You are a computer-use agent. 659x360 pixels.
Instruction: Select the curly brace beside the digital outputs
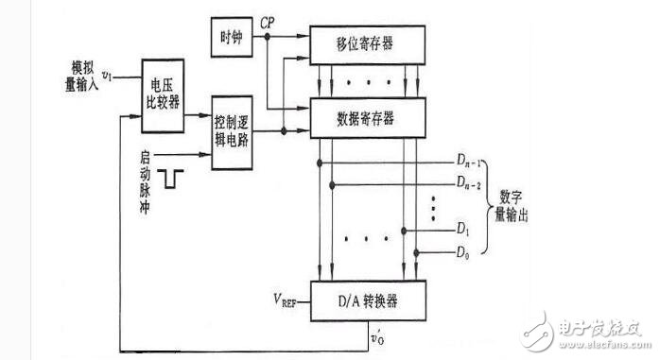488,209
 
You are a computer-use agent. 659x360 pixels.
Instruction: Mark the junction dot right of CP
269,36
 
